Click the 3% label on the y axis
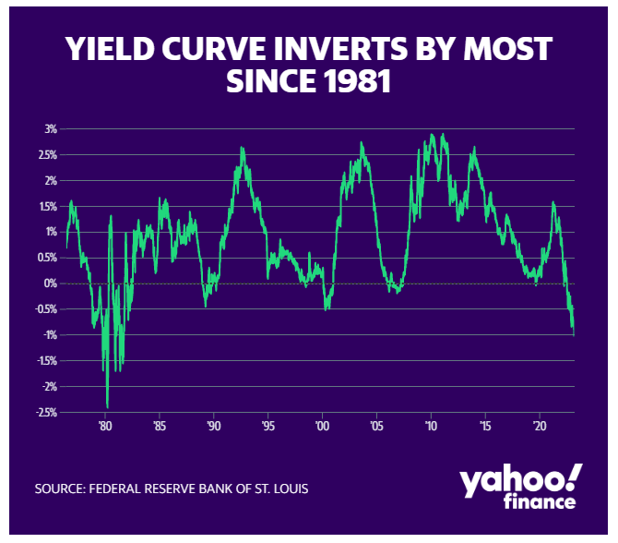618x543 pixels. click(51, 129)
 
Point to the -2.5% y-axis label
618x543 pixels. click(47, 413)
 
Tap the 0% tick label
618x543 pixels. click(51, 284)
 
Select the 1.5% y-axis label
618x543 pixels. click(48, 206)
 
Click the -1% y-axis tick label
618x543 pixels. click(50, 335)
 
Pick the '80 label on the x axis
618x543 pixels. click(105, 427)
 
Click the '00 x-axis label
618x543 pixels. click(322, 427)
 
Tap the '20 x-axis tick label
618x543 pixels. click(540, 427)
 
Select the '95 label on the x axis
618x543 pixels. click(267, 427)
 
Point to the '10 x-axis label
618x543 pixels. click(431, 427)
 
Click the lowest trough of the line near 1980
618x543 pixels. click(107, 407)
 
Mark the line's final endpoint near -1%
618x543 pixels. click(574, 335)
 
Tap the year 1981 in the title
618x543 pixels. click(358, 81)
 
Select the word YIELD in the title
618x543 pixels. click(110, 49)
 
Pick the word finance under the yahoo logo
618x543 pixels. click(540, 501)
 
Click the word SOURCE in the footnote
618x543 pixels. click(60, 489)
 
